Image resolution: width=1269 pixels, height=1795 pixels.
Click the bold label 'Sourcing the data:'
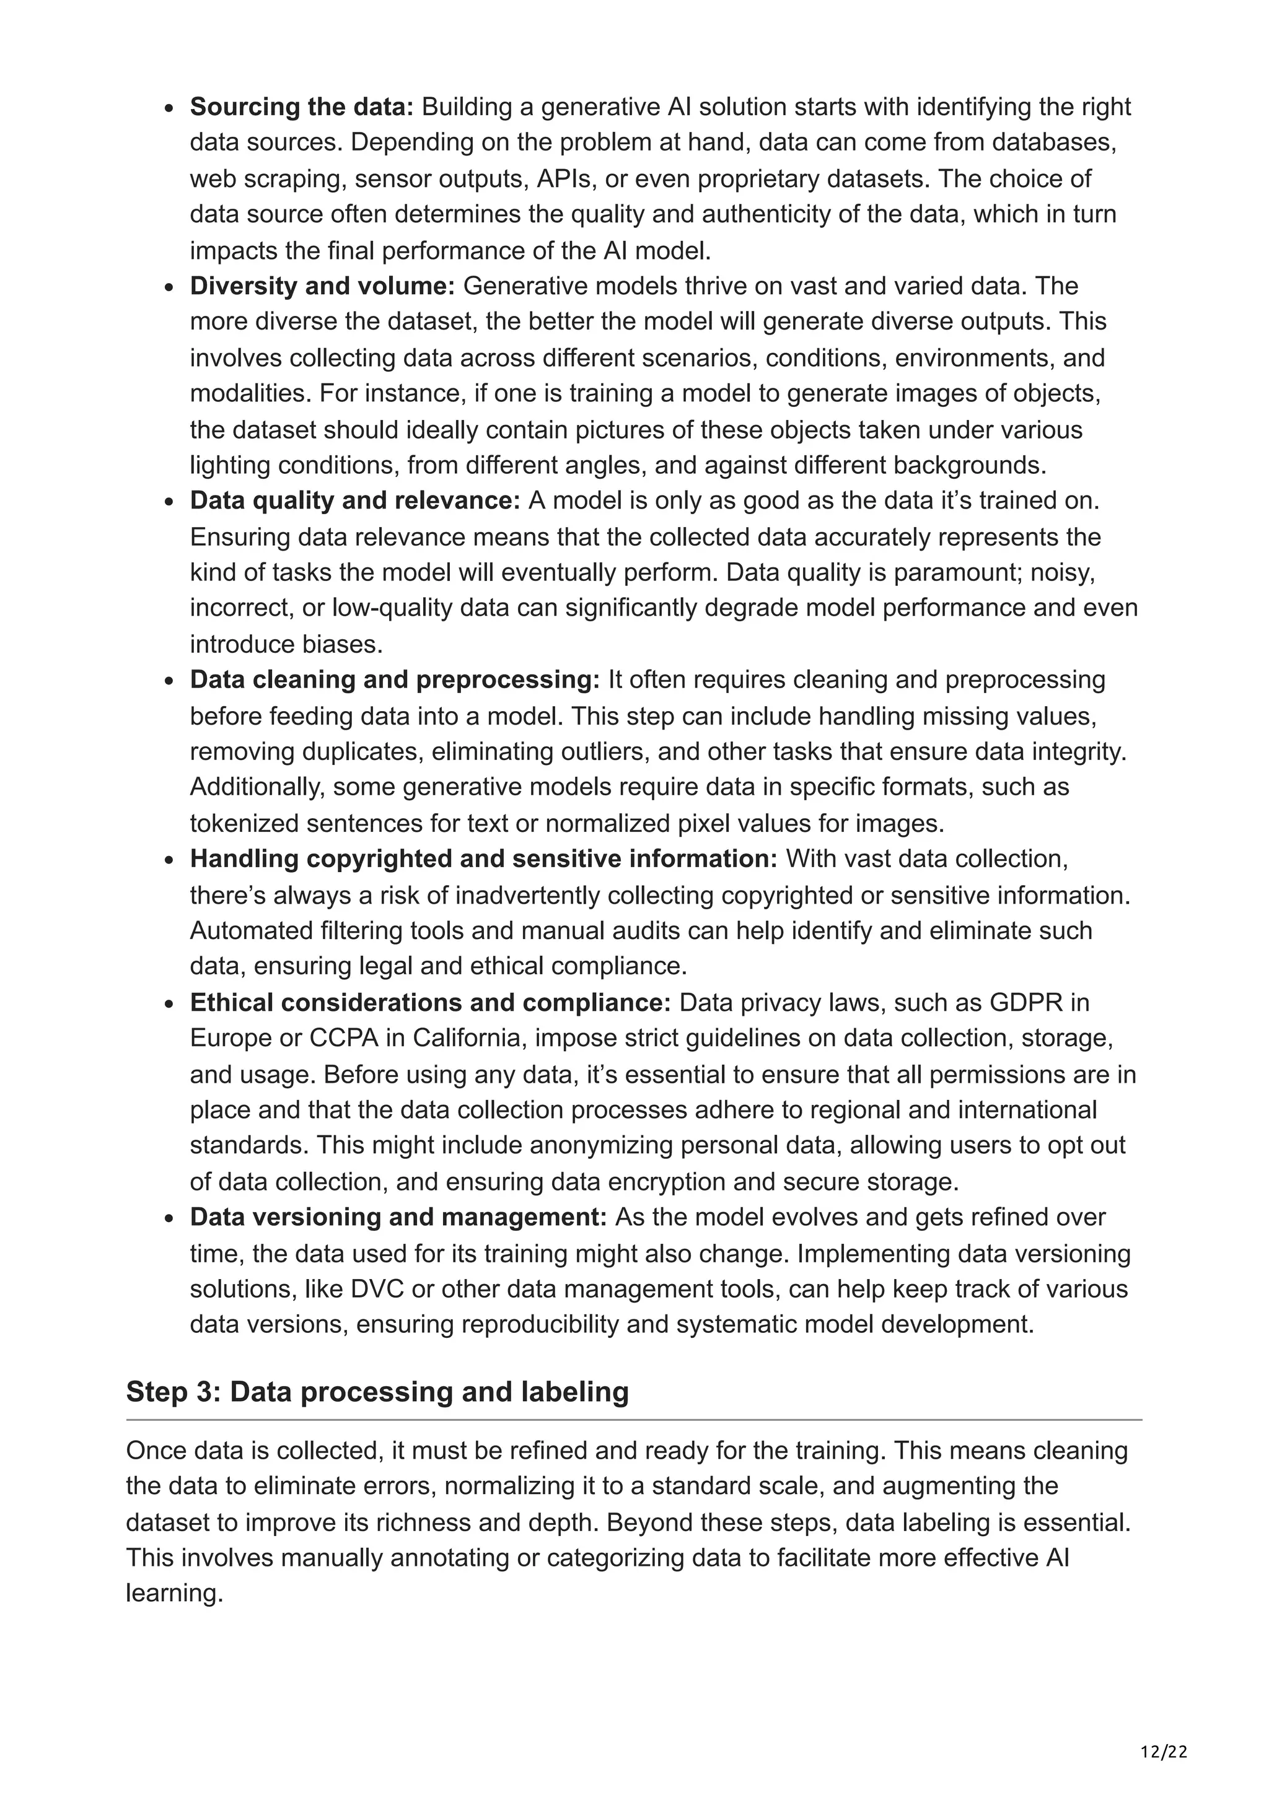301,107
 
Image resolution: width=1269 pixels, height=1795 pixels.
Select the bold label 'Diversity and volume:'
322,286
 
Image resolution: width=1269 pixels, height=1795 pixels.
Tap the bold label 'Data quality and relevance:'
355,500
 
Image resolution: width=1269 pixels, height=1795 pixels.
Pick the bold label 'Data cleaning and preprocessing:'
395,679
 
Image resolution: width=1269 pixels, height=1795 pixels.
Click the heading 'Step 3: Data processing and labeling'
377,1392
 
